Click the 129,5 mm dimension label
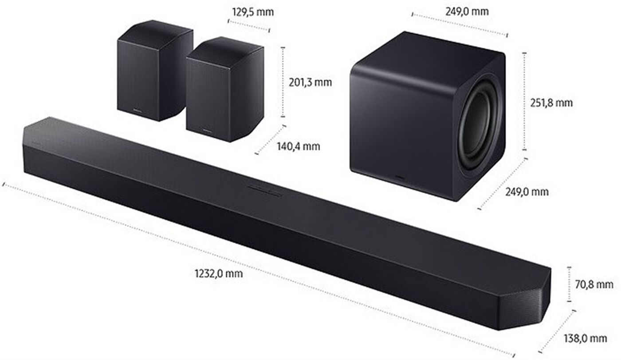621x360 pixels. [x=253, y=12]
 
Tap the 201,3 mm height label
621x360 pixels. [x=310, y=83]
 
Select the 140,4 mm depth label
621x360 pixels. [x=298, y=146]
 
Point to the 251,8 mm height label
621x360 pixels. [x=551, y=103]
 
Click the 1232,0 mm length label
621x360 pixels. [x=219, y=273]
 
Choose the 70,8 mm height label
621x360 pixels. [x=593, y=284]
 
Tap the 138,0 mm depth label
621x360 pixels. [x=585, y=338]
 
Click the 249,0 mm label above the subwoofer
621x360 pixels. [x=467, y=12]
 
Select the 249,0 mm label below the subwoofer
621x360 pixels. [x=527, y=192]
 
